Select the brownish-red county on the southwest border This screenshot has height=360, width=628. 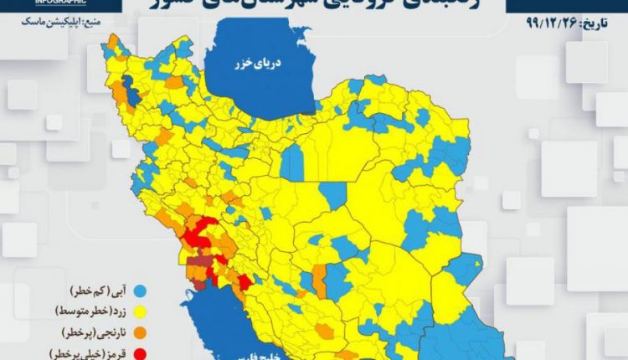point(198,270)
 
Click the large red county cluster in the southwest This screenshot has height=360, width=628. point(201,234)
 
